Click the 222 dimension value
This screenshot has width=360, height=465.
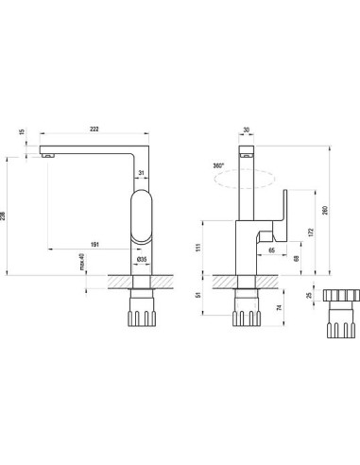click(x=94, y=129)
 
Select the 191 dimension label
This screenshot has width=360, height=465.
click(x=94, y=245)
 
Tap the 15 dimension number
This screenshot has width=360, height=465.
click(x=22, y=131)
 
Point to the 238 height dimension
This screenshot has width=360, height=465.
click(x=3, y=215)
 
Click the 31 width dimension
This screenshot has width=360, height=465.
click(x=142, y=173)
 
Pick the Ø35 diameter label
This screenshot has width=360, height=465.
click(x=142, y=260)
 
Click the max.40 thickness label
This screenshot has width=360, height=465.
click(x=82, y=263)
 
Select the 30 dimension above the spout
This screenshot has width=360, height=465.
click(x=247, y=129)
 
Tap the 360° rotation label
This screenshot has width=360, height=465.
click(x=218, y=165)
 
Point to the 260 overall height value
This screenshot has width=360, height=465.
click(x=326, y=210)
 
